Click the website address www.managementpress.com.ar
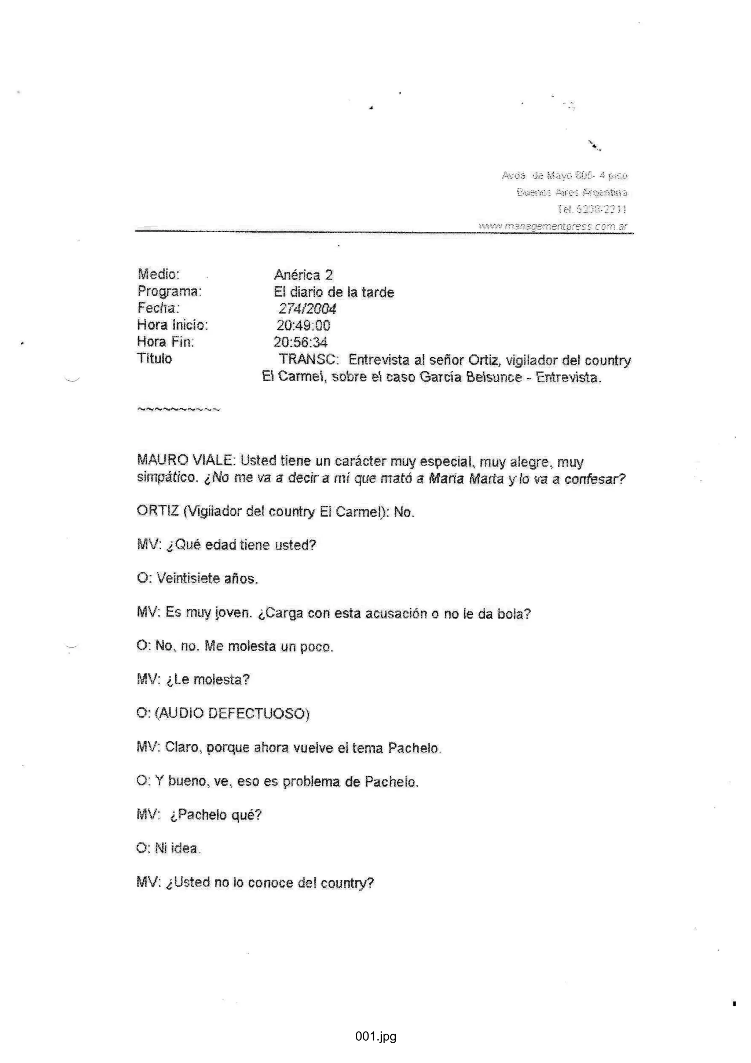553,226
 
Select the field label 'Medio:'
158,274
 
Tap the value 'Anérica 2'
303,275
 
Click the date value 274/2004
307,309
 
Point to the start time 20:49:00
303,325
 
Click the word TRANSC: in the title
309,360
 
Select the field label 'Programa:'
169,291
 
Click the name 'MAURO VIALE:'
187,460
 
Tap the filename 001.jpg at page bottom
375,1036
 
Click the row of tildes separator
179,409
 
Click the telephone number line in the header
591,209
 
